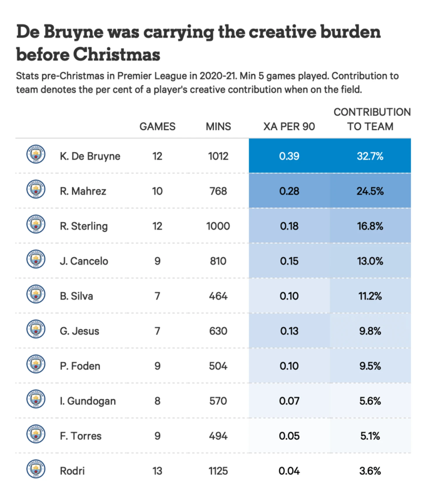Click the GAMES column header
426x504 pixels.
157,127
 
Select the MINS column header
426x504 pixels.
218,127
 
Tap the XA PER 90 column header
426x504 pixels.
289,127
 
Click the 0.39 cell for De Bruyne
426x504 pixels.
289,156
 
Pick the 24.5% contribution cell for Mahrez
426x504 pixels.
370,191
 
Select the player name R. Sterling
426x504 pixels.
84,226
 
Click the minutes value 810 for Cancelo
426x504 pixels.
218,261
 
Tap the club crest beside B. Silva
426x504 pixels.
36,294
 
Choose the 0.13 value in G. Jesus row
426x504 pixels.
289,331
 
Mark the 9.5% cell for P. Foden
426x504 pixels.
370,366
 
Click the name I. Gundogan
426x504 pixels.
88,401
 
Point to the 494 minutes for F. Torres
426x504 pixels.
218,436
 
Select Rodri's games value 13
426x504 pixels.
157,471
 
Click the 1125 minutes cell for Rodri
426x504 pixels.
218,471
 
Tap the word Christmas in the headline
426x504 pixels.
117,55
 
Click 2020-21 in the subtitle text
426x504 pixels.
218,76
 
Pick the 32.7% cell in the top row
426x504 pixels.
370,156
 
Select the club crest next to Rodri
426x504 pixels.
36,469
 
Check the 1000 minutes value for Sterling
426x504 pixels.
218,226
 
